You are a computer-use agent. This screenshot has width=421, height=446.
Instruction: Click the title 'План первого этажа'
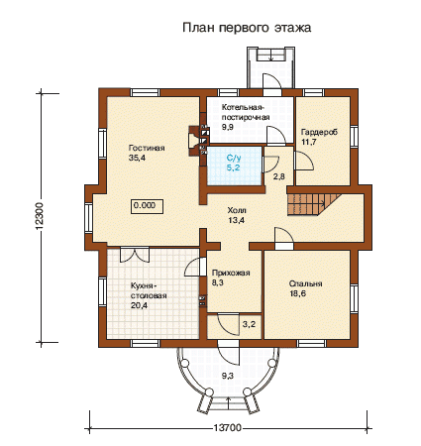pos(247,28)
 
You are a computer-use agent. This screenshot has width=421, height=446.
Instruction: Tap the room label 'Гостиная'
pos(147,148)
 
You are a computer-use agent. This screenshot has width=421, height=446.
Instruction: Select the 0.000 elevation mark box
pos(148,206)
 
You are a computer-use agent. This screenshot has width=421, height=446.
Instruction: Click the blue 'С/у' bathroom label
pos(234,158)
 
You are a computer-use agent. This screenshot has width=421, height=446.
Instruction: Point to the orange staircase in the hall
pos(314,204)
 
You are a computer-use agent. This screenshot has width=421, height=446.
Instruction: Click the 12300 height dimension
pos(40,216)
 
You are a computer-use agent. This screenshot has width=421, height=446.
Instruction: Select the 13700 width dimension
pos(227,428)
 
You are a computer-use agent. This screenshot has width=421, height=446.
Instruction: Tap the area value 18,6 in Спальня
pos(298,293)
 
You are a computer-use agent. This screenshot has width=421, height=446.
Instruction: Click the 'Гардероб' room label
pos(319,132)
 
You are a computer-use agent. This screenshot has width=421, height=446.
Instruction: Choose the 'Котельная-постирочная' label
pos(246,112)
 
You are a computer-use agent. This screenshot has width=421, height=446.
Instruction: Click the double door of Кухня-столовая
pos(134,256)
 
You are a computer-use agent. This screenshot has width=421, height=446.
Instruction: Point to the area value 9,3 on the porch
pos(227,376)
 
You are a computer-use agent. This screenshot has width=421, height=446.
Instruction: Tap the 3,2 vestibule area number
pos(249,324)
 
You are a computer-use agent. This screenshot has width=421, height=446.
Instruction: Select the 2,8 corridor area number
pos(278,176)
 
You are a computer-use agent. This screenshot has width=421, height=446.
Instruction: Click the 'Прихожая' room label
pos(231,273)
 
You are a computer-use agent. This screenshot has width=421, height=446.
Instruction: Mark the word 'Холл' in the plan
pos(237,210)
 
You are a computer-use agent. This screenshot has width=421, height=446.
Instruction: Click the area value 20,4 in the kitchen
pos(139,305)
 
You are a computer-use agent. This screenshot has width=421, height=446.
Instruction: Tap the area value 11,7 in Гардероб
pos(309,142)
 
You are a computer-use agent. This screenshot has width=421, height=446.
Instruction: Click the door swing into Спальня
pos(284,235)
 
